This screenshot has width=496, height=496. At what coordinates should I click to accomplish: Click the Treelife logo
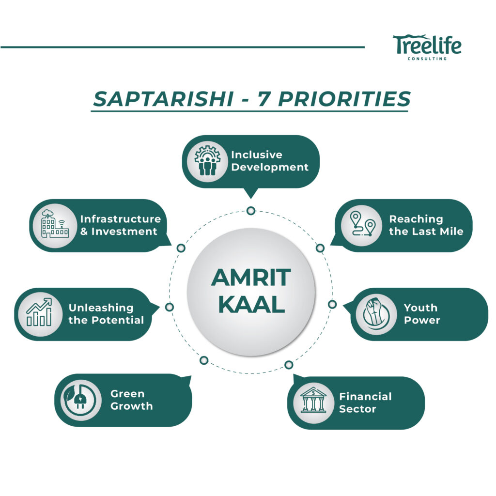pyautogui.click(x=427, y=45)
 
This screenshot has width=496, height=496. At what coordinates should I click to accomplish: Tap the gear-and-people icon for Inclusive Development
pyautogui.click(x=207, y=161)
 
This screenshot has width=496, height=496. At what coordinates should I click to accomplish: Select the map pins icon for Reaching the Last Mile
pyautogui.click(x=362, y=225)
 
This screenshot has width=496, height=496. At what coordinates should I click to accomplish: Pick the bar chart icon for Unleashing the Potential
pyautogui.click(x=39, y=313)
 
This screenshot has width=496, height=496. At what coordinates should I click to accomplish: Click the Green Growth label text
pyautogui.click(x=131, y=400)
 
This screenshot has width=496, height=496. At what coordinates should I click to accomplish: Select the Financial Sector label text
pyautogui.click(x=365, y=403)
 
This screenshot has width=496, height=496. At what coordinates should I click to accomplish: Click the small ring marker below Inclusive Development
pyautogui.click(x=250, y=211)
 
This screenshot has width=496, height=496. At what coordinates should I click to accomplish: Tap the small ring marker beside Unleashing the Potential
pyautogui.click(x=170, y=307)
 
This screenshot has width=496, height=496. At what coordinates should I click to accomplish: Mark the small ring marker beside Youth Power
pyautogui.click(x=332, y=304)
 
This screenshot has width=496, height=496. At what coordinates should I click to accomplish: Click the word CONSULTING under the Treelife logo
pyautogui.click(x=427, y=59)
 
